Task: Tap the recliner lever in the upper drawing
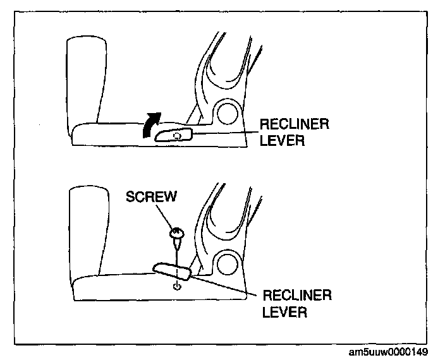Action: (174, 135)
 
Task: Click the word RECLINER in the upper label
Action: (294, 123)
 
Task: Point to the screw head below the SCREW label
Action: (176, 235)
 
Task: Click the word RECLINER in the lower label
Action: (297, 295)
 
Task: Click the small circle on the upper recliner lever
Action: (178, 135)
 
